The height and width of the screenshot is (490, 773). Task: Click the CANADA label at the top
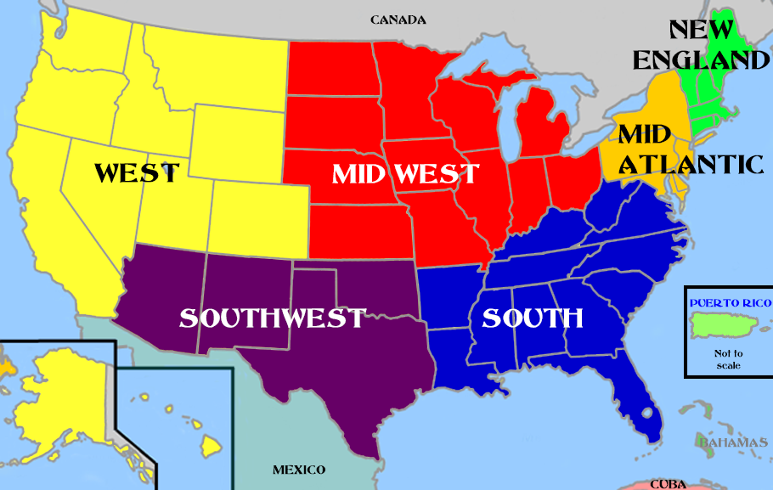coord(398,20)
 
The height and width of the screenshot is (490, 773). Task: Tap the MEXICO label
coord(299,470)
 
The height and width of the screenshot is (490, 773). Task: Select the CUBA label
coord(669,484)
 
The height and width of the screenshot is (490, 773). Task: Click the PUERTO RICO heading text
coord(730,302)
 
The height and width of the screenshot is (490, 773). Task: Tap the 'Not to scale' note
coord(728,359)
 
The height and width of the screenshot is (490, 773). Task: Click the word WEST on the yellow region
coord(137,173)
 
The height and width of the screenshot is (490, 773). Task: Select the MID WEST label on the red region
coord(405,174)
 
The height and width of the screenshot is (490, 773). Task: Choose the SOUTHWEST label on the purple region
coord(272,318)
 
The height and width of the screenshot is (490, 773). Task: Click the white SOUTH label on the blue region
coord(533,318)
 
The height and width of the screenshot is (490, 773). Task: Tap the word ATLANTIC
coord(691,163)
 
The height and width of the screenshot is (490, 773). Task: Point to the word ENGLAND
coord(701,59)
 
